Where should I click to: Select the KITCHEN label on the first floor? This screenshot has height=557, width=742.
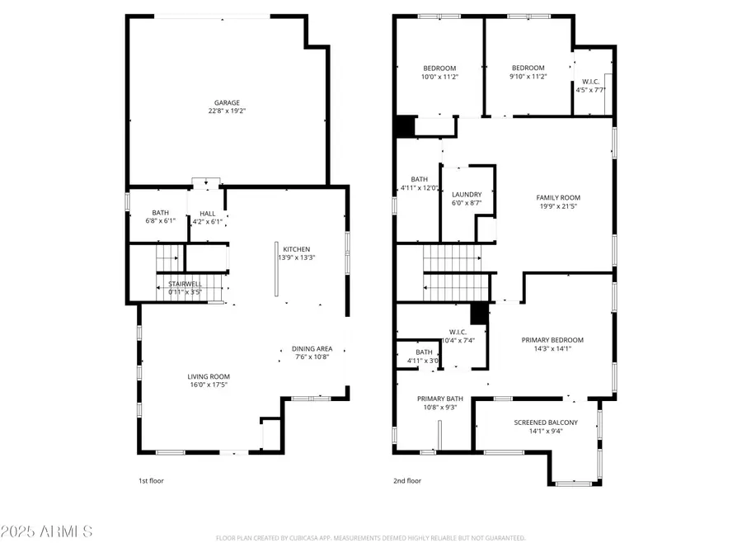click(296, 249)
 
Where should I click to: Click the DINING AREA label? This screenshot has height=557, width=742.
click(312, 348)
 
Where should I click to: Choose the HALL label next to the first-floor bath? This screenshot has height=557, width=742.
click(207, 213)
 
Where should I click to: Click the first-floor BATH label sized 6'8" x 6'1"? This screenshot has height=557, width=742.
click(160, 213)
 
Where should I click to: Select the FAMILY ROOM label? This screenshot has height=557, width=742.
click(558, 197)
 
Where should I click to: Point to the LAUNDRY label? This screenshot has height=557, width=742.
click(467, 195)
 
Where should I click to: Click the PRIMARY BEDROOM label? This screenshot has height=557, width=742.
click(552, 340)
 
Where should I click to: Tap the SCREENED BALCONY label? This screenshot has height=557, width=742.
click(546, 422)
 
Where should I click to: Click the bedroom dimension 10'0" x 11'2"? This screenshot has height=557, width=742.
click(439, 77)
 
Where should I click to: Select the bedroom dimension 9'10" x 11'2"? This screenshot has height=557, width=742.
click(528, 77)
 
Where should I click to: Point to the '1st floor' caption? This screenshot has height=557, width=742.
click(151, 480)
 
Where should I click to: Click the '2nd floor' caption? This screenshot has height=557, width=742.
click(407, 480)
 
